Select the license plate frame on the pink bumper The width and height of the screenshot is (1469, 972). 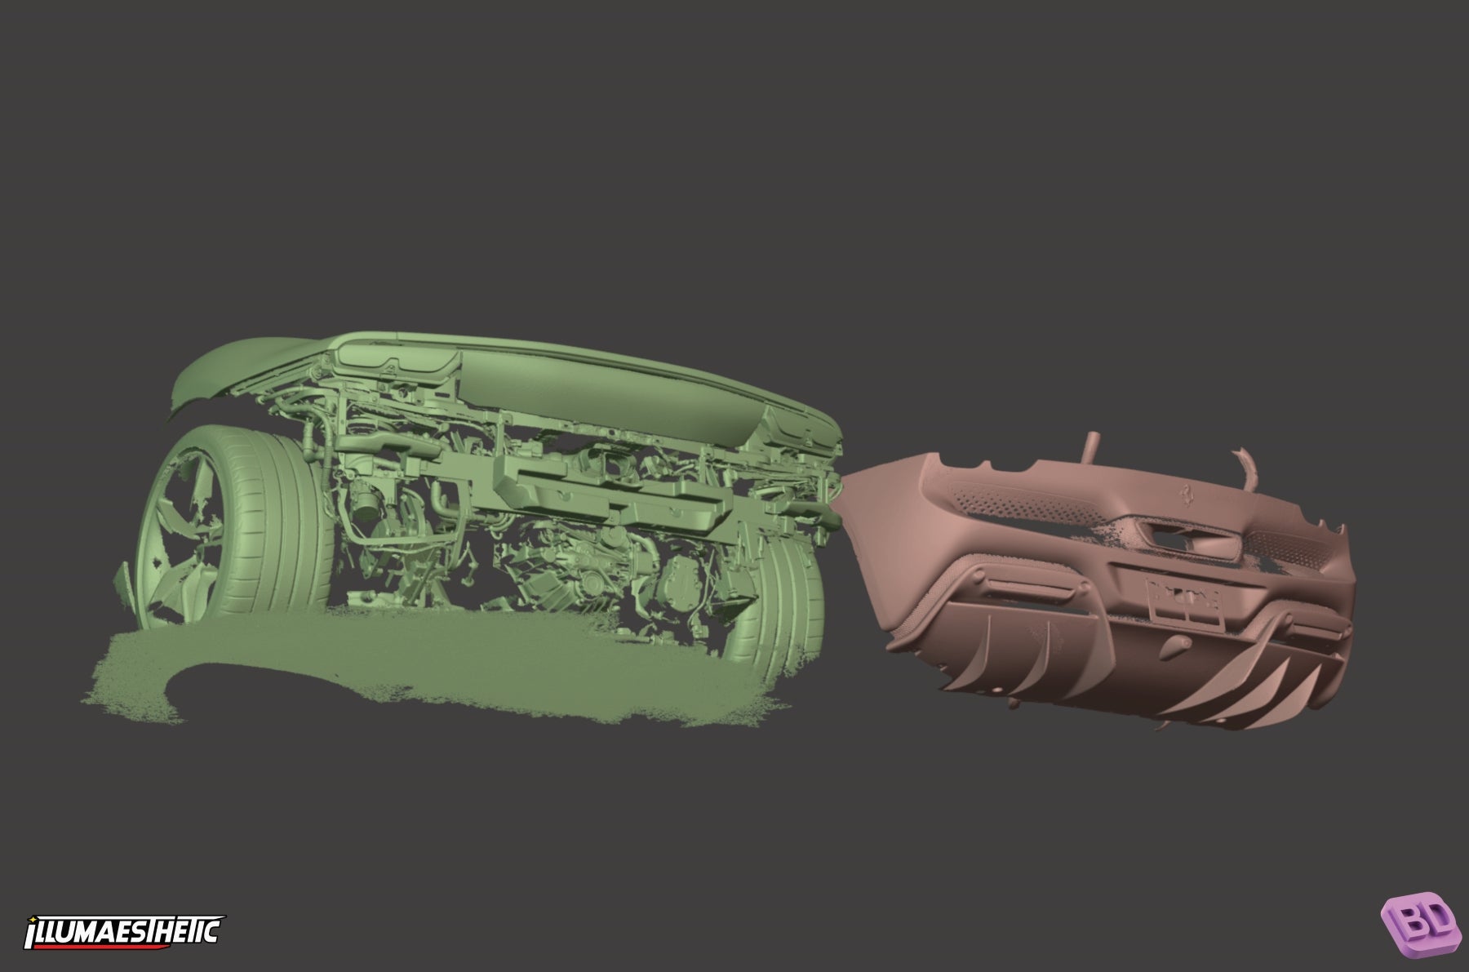[x=1187, y=603]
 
